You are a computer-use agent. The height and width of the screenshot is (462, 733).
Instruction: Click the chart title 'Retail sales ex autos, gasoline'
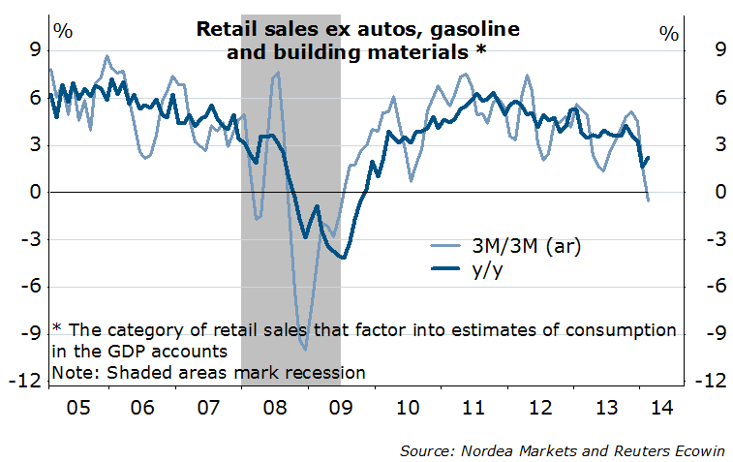click(357, 29)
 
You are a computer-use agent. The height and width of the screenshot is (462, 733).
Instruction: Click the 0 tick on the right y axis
click(693, 193)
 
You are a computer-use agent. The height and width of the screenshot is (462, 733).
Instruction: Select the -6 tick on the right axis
click(697, 287)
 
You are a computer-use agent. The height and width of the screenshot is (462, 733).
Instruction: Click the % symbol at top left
click(63, 29)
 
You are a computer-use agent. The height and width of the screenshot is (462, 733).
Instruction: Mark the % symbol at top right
click(668, 33)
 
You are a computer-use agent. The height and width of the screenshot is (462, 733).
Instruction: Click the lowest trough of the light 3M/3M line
click(305, 350)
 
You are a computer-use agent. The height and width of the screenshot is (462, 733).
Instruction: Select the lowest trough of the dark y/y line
click(342, 258)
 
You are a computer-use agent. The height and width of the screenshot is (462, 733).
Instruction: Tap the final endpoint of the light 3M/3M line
click(648, 200)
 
